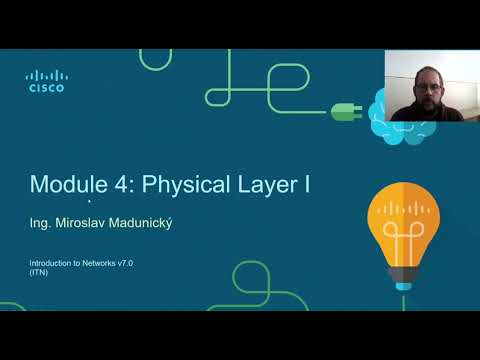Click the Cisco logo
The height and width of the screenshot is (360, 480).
[45, 80]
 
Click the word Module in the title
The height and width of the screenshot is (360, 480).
[65, 184]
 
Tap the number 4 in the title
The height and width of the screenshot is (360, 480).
[119, 184]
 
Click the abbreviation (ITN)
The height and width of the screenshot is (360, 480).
[39, 272]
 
